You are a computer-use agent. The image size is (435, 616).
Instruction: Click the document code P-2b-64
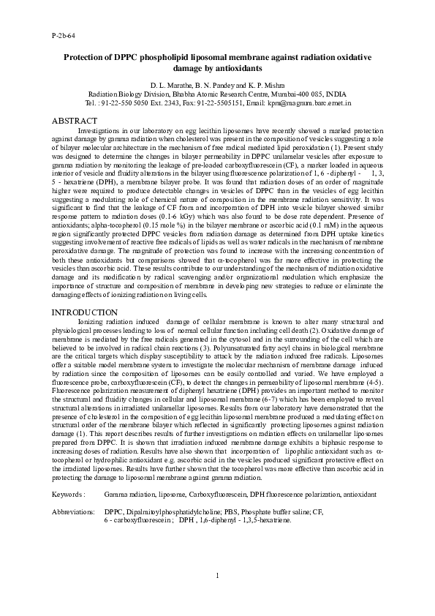64,34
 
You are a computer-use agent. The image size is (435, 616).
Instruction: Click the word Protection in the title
86,57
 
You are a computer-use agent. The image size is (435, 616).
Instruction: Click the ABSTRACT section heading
77,119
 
